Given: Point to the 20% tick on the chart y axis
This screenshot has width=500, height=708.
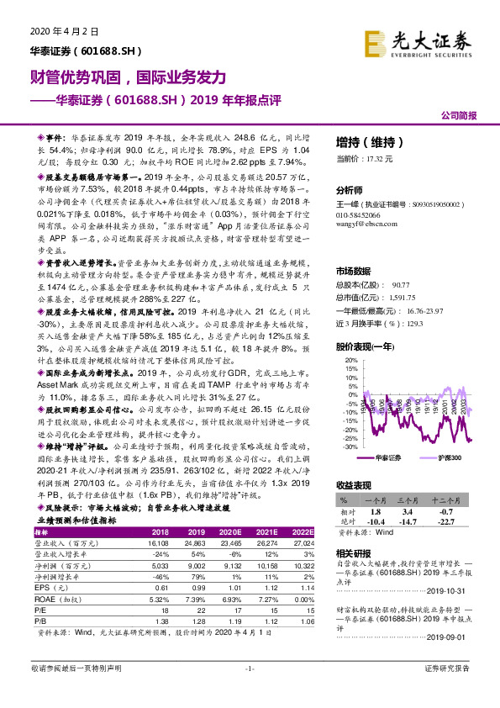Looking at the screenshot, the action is [351, 361].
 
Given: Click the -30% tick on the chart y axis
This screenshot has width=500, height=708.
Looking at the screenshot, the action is [350, 446].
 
